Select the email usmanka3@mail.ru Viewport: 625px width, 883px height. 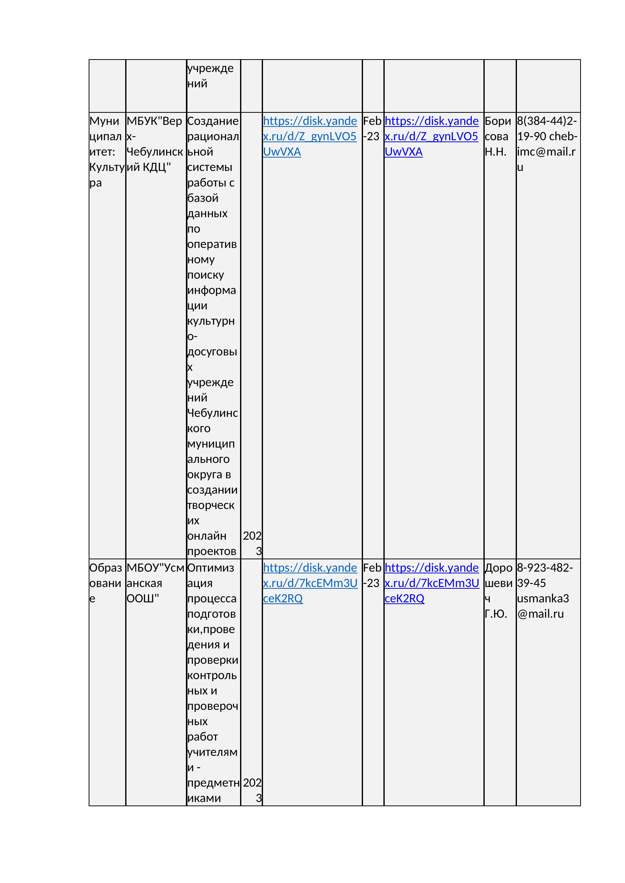(x=543, y=606)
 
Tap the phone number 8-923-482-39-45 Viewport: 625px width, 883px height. (x=545, y=575)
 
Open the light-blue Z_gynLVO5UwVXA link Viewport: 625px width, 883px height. (x=310, y=136)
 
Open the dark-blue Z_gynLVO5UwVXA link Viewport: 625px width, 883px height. (x=432, y=136)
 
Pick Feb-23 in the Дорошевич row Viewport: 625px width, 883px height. (x=372, y=575)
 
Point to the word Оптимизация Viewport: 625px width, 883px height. (x=211, y=575)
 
